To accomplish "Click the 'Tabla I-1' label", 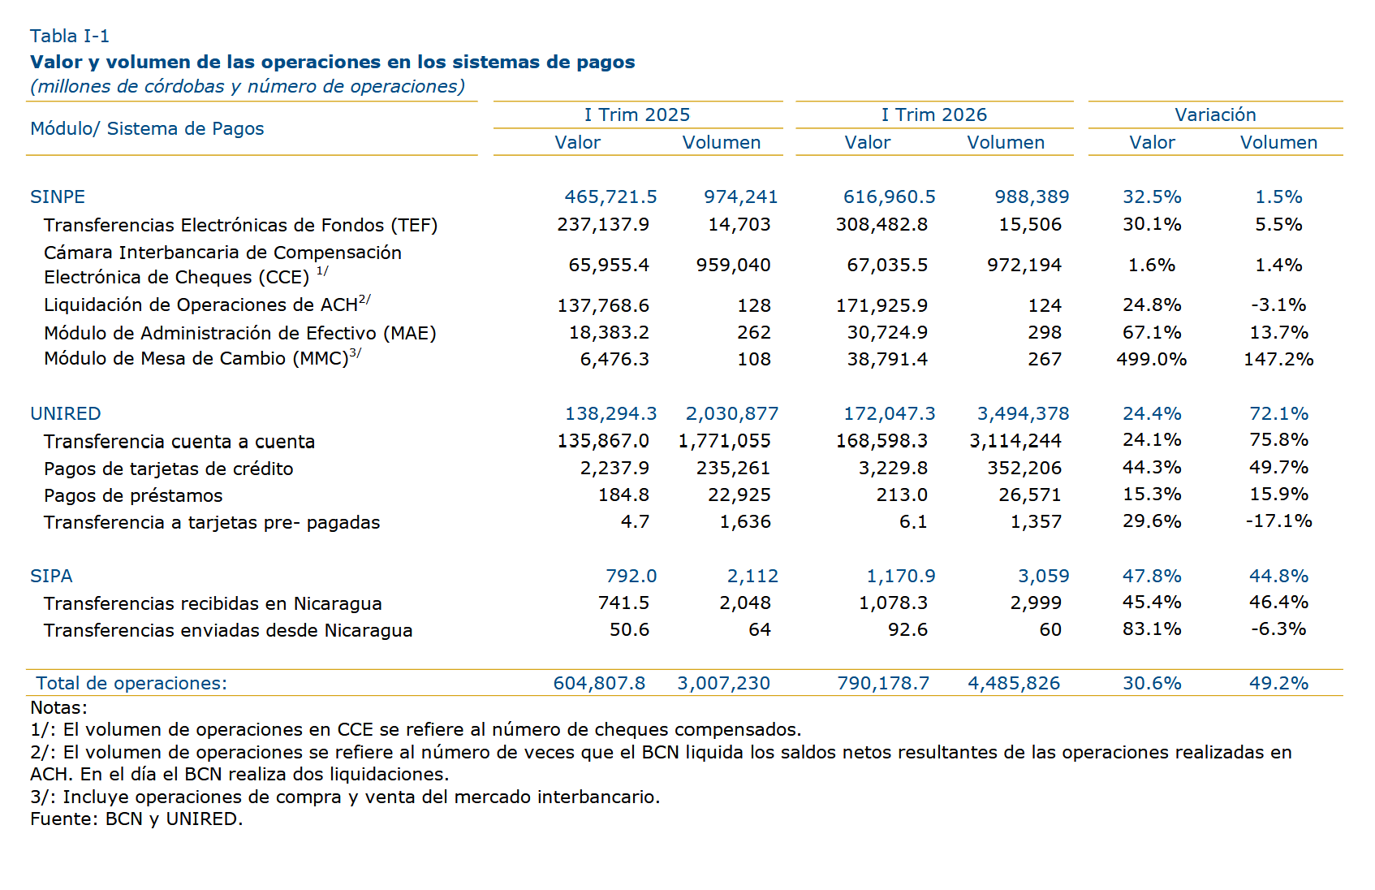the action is [x=69, y=37].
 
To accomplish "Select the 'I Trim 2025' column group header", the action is [x=637, y=114].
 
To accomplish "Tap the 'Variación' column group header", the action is [x=1215, y=114].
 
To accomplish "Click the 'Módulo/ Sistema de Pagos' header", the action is [x=147, y=129].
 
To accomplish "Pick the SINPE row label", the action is [x=58, y=197].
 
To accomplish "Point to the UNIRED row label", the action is [x=66, y=413].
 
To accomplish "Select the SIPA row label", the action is [x=51, y=576].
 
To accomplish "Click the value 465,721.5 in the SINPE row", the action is [x=610, y=197].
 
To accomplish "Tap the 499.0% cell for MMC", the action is [x=1152, y=359].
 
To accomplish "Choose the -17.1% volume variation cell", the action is [x=1278, y=521].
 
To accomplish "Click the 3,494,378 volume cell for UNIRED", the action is [x=1024, y=414].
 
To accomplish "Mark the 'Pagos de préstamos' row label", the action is [x=133, y=495].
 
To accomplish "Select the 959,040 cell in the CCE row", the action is [x=734, y=266].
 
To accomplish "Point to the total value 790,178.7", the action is [x=883, y=684].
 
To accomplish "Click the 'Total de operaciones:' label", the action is [x=131, y=683].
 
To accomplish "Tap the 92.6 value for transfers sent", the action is [x=907, y=630].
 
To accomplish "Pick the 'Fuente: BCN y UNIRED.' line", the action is [x=136, y=819].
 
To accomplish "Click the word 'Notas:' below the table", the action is [x=59, y=707].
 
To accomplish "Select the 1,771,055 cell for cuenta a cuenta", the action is [x=724, y=441].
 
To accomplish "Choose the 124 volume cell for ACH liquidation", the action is [x=1045, y=305].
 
